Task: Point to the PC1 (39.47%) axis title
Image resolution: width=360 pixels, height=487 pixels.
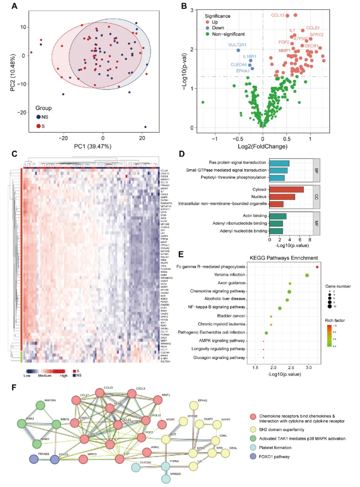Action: pyautogui.click(x=103, y=147)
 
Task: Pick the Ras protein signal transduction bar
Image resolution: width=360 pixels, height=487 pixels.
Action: pyautogui.click(x=280, y=163)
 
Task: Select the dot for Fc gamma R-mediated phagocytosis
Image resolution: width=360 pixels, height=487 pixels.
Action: pyautogui.click(x=317, y=267)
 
